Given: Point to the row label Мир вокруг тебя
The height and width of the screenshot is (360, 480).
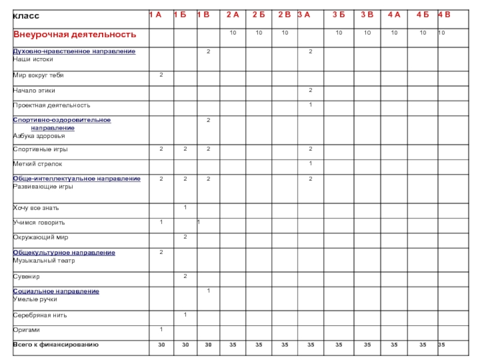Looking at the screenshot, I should (38, 76).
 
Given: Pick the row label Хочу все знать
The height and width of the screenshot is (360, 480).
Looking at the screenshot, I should (37, 208).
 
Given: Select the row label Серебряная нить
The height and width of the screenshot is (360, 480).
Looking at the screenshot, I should (40, 315).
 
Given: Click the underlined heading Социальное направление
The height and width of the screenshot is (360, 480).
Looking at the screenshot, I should (56, 291).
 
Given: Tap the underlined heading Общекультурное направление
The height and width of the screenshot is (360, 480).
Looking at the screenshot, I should (64, 253).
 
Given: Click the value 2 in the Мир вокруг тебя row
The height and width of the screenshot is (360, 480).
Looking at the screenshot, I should (161, 75).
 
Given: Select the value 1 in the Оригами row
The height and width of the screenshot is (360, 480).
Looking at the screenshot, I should (161, 329).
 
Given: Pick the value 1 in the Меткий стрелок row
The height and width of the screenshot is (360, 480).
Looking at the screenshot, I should (310, 163).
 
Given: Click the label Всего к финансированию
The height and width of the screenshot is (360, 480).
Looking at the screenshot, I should (56, 344).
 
